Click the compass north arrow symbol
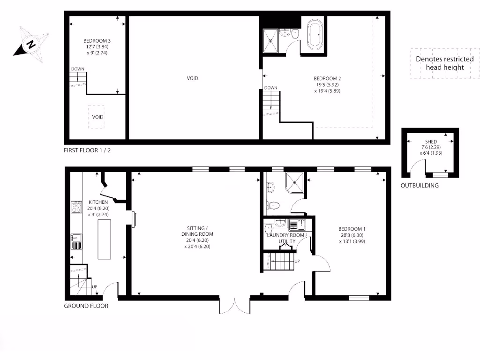pyautogui.click(x=31, y=45)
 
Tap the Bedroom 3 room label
pyautogui.click(x=97, y=46)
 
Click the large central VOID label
pyautogui.click(x=192, y=78)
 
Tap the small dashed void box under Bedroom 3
pyautogui.click(x=97, y=116)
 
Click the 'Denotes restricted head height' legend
pyautogui.click(x=444, y=63)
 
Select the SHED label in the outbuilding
pyautogui.click(x=430, y=142)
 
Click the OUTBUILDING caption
pyautogui.click(x=420, y=186)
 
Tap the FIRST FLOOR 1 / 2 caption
pyautogui.click(x=88, y=150)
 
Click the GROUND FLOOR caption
pyautogui.click(x=86, y=306)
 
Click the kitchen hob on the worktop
pyautogui.click(x=76, y=207)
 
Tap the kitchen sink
pyautogui.click(x=76, y=240)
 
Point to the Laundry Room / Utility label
pyautogui.click(x=287, y=238)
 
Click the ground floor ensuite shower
pyautogui.click(x=294, y=182)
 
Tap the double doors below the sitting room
pyautogui.click(x=234, y=305)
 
